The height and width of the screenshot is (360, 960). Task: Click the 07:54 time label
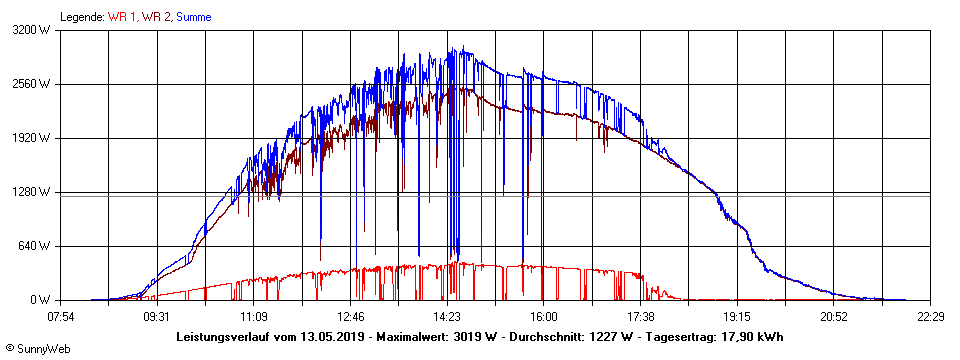(x=61, y=316)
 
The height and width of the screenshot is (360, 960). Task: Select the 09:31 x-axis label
(x=157, y=316)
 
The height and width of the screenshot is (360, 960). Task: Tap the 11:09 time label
(x=254, y=316)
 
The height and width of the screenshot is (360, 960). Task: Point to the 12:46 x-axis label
(x=350, y=316)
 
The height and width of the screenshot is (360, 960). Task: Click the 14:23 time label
(x=447, y=316)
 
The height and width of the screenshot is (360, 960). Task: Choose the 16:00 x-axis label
(x=543, y=316)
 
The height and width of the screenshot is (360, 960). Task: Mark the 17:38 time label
(x=640, y=316)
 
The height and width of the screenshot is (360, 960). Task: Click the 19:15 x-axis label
(x=736, y=316)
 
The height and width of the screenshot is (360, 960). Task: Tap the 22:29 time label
(x=929, y=316)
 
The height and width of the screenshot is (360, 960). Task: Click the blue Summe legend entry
(x=193, y=17)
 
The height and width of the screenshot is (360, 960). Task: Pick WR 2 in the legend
(x=156, y=17)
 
